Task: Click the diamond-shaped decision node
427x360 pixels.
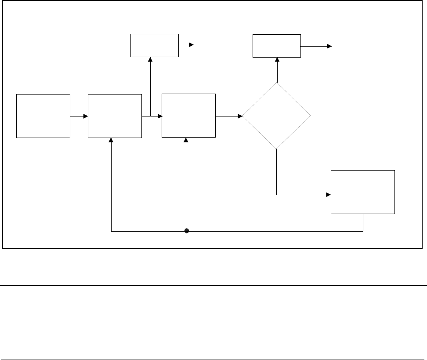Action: click(x=277, y=116)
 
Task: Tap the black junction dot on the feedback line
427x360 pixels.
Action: click(x=186, y=231)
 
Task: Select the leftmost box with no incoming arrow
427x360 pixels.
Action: click(x=43, y=116)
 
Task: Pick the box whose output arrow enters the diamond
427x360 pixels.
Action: click(x=189, y=116)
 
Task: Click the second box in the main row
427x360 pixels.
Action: click(x=115, y=116)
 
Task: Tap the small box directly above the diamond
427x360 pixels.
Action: click(x=277, y=46)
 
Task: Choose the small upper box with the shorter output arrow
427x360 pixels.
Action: click(x=155, y=45)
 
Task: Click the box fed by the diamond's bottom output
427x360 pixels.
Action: click(x=363, y=192)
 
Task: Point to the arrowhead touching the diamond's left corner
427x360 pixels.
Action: click(x=240, y=116)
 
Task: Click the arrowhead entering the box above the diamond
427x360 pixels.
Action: click(x=277, y=59)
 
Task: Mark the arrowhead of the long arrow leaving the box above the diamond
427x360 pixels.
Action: click(x=330, y=46)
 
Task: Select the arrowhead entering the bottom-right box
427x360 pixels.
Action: click(x=328, y=194)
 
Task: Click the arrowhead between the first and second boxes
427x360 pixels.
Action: click(x=86, y=116)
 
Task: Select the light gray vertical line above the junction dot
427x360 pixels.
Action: click(x=186, y=185)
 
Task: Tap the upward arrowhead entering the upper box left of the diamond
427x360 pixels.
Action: click(x=150, y=59)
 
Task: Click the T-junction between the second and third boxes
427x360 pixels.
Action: click(x=150, y=116)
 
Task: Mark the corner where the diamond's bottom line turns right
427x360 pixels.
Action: click(x=277, y=194)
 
